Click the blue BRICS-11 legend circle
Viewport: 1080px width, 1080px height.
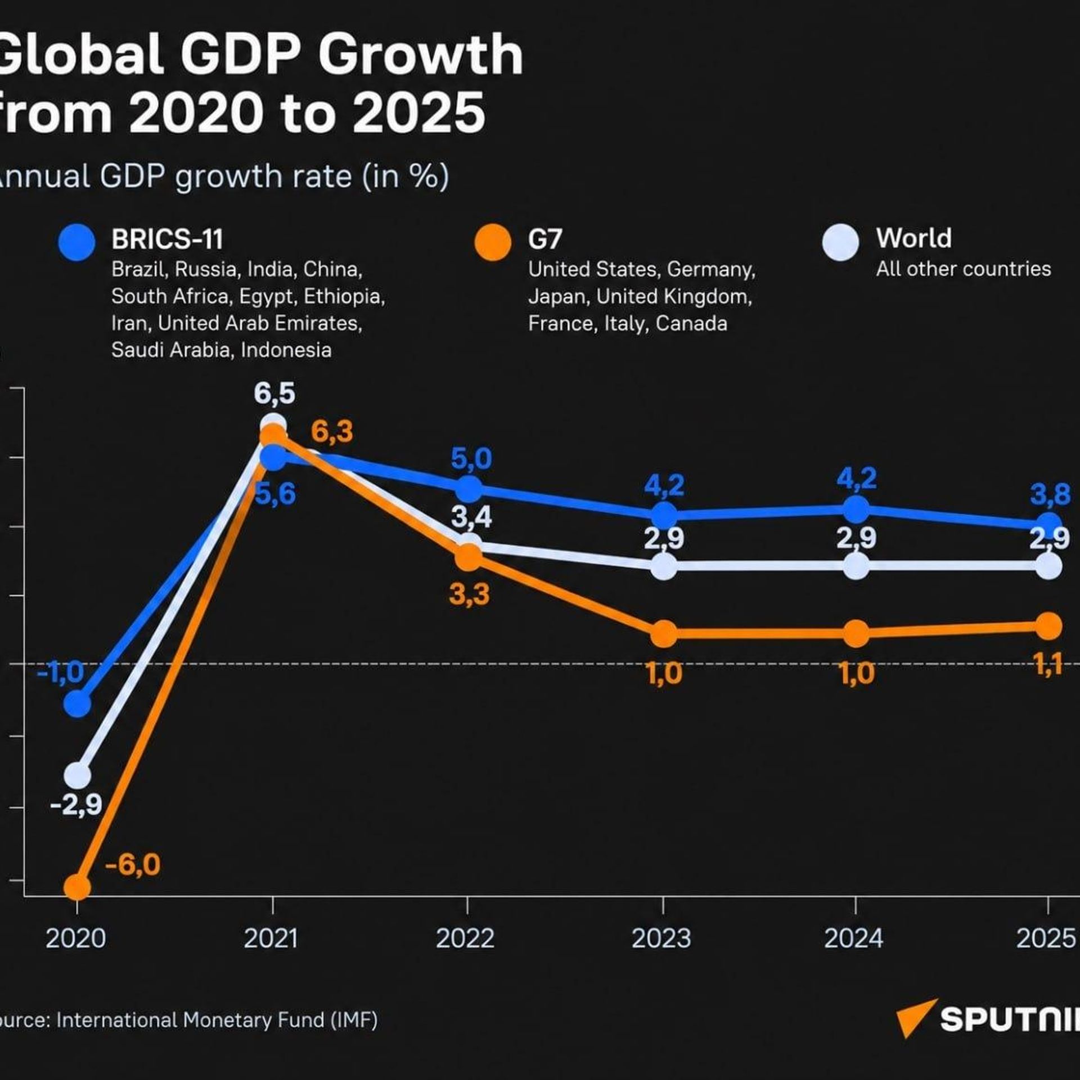77,242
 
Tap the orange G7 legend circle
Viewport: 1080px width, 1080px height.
493,242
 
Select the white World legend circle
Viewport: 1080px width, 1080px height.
840,242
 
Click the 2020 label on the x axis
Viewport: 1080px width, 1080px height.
76,938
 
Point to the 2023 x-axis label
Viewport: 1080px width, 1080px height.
661,938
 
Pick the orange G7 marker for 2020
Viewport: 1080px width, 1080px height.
77,887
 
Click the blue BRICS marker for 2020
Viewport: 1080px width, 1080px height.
77,704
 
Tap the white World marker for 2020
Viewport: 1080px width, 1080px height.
77,776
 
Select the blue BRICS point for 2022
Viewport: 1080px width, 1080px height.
469,489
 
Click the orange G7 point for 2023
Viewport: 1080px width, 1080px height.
664,634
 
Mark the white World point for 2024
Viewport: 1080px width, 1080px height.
856,566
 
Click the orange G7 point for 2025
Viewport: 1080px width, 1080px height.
1048,626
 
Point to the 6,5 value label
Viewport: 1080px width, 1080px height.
274,394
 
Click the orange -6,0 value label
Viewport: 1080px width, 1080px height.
133,865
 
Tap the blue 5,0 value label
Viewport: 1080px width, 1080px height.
471,459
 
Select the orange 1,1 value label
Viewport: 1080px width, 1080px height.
1048,665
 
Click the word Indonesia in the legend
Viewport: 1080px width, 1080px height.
286,350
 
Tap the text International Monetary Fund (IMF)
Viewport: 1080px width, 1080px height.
217,1020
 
